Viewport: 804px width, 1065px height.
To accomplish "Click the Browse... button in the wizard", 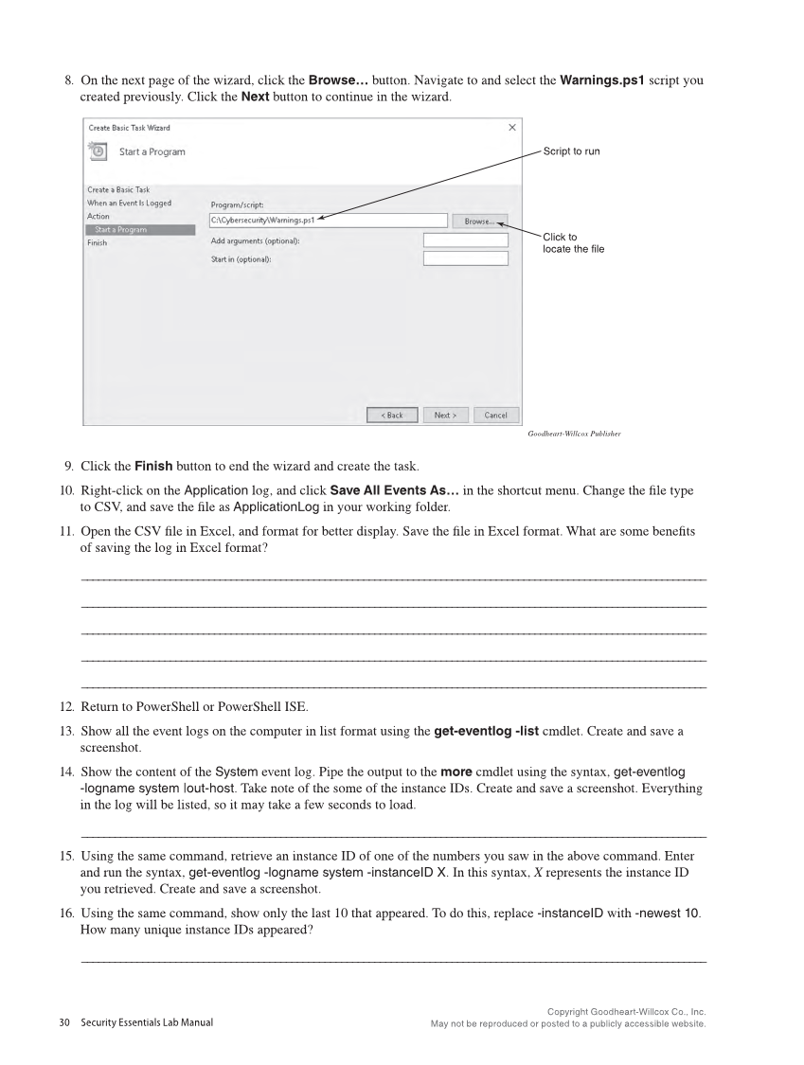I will (479, 222).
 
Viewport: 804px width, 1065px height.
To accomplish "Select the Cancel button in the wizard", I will (495, 415).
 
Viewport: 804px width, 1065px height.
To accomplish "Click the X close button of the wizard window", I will (512, 128).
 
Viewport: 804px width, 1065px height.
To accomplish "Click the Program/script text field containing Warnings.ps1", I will (327, 222).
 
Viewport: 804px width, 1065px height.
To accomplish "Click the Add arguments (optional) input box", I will (465, 240).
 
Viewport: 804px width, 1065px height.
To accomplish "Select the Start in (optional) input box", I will (465, 258).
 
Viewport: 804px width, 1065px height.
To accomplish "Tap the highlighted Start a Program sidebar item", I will (139, 230).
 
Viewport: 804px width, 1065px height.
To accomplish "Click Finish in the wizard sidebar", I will (97, 243).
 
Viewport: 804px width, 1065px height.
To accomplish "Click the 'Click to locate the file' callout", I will (573, 242).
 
